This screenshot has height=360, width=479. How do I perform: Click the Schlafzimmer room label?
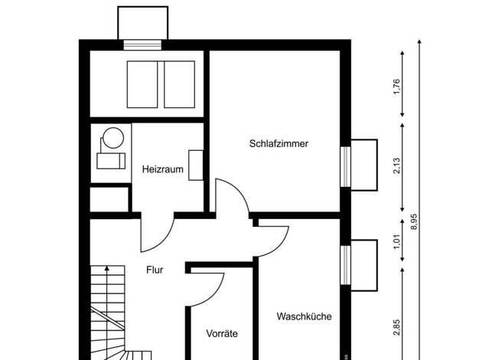point(279,144)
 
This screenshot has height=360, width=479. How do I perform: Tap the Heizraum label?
point(163,169)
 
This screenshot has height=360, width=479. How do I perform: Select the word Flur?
point(155,270)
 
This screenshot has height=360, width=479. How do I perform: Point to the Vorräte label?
point(222,333)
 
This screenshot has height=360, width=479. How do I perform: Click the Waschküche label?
point(305,316)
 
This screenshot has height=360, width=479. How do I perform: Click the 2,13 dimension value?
point(396,165)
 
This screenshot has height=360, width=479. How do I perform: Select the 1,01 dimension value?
point(396,241)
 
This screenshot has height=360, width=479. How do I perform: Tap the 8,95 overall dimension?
point(414,222)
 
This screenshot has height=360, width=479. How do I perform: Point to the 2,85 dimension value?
point(396,328)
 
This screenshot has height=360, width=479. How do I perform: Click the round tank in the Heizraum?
point(113,138)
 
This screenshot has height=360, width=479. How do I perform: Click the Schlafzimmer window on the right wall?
point(346,167)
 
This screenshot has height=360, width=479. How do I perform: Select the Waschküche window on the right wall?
point(346,265)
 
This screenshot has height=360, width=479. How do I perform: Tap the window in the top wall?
point(142,45)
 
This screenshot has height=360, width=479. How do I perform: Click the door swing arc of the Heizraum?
point(165,240)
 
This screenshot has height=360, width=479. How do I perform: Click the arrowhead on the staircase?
point(106,269)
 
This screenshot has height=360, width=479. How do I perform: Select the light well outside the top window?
point(142,8)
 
